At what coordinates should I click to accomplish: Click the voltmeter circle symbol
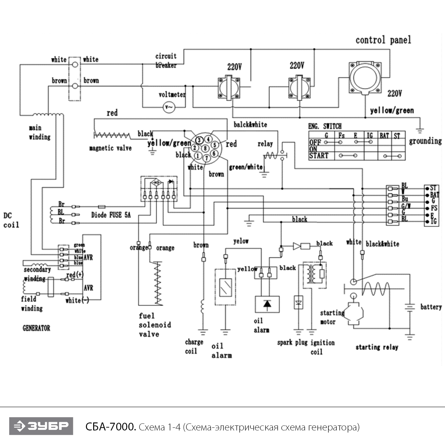click(x=169, y=107)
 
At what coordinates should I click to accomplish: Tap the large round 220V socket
click(x=365, y=78)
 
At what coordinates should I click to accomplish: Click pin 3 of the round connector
click(x=199, y=140)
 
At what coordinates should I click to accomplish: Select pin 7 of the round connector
click(x=207, y=158)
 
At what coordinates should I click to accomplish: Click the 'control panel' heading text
click(x=383, y=40)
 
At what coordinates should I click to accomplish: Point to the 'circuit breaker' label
click(x=166, y=61)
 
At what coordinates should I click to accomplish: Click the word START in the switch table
click(x=319, y=156)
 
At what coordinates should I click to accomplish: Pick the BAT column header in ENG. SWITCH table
click(x=384, y=136)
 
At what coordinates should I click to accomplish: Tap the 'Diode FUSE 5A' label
click(x=111, y=215)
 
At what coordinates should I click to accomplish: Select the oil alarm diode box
click(x=267, y=304)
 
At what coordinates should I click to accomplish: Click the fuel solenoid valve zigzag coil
click(x=158, y=283)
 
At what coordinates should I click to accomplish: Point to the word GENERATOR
click(x=36, y=328)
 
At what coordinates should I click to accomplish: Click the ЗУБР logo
click(x=41, y=426)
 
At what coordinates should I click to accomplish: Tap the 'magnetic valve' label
click(x=110, y=148)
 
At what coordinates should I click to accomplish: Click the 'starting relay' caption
click(x=377, y=347)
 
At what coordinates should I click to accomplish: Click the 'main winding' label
click(x=39, y=132)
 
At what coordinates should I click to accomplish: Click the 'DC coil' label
click(x=11, y=220)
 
